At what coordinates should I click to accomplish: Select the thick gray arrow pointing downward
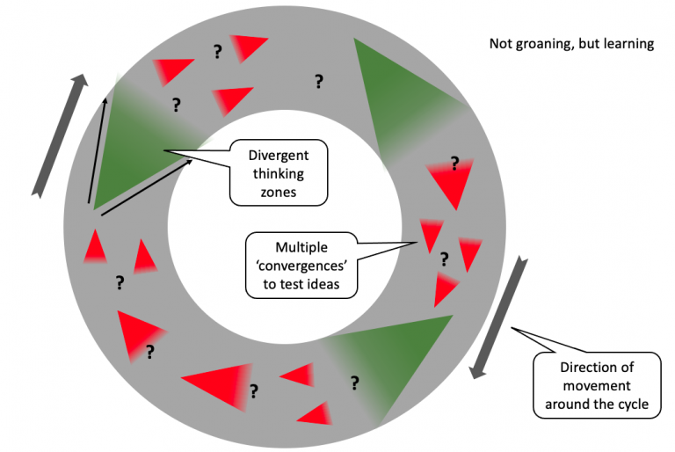coord(498,317)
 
